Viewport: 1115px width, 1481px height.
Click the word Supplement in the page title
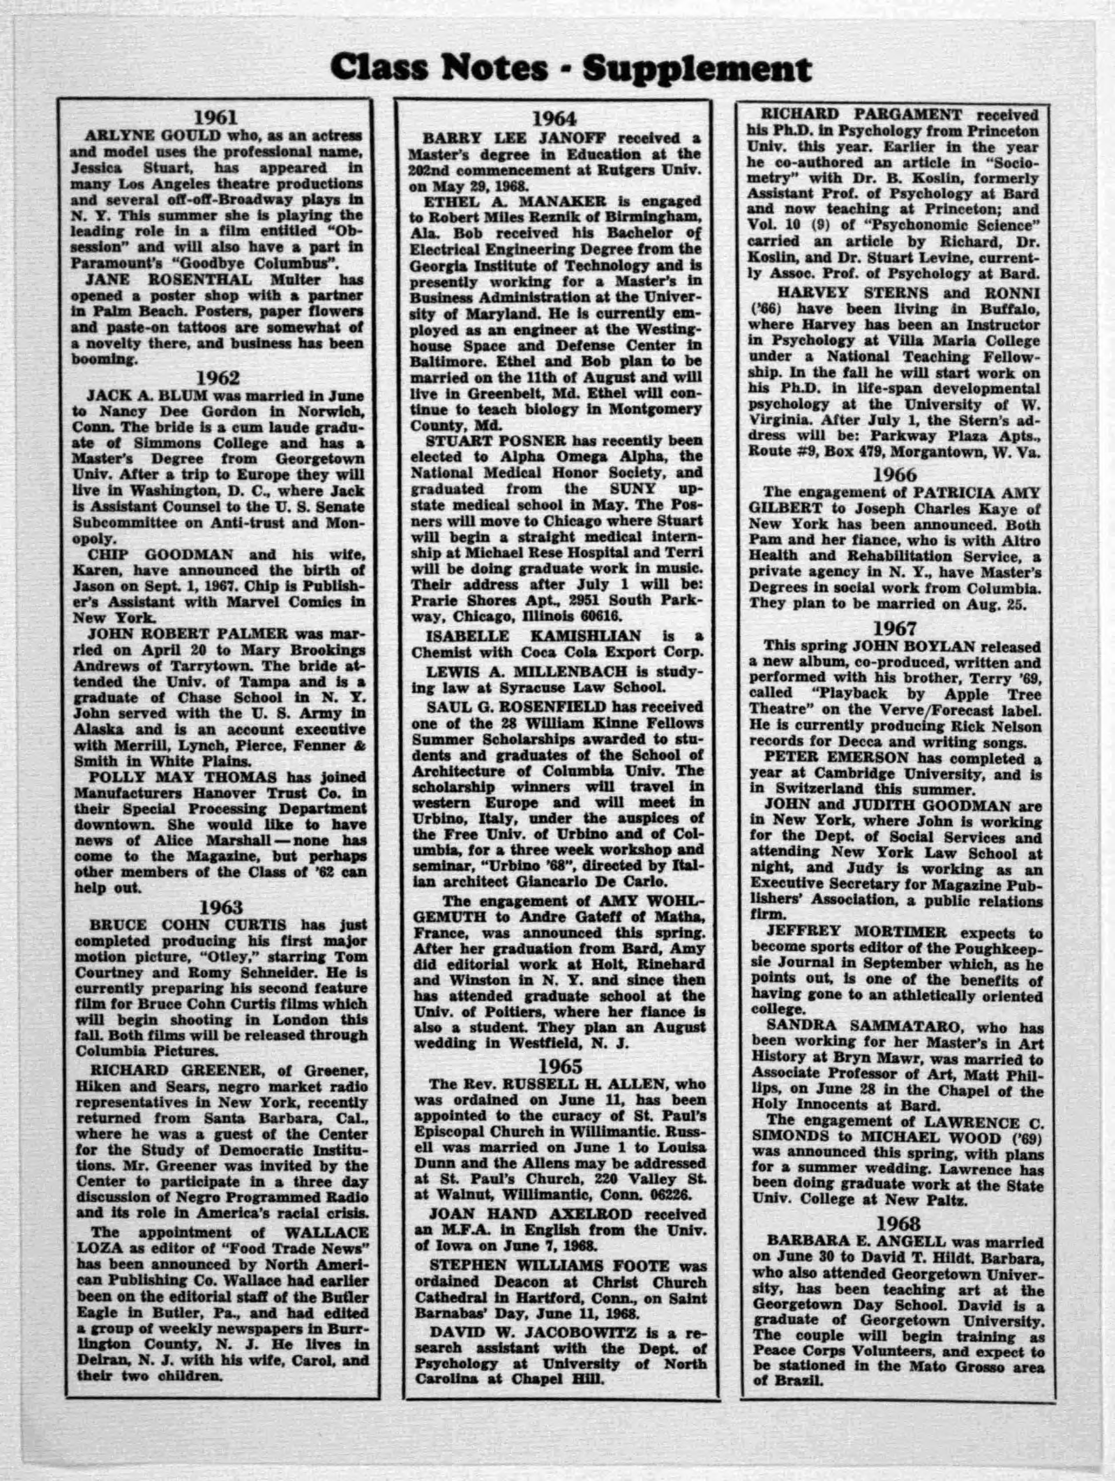(696, 68)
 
